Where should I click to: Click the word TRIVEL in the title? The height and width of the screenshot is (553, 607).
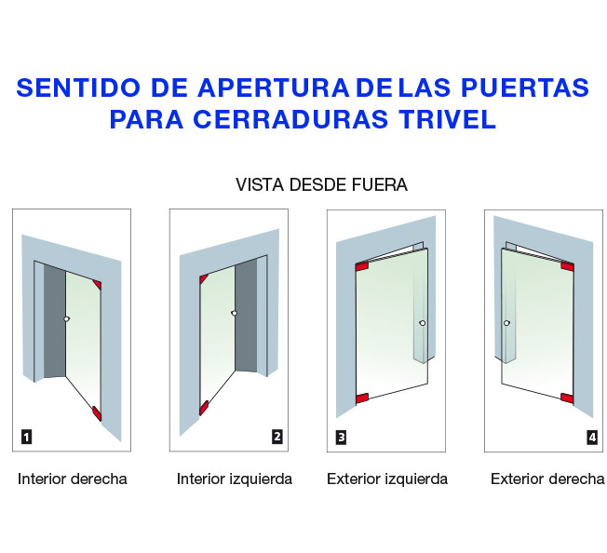[447, 119]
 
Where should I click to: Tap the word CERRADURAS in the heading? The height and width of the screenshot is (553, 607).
[290, 119]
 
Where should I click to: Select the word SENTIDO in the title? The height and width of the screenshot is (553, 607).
[78, 88]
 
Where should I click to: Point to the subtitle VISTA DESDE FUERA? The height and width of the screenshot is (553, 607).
[322, 184]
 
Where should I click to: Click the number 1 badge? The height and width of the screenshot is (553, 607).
[26, 438]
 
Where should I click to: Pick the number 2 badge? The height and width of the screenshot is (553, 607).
[277, 437]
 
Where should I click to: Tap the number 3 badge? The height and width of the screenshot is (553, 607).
[341, 438]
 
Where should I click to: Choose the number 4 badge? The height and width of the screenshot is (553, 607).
[592, 438]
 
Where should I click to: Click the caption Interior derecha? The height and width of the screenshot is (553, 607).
[73, 479]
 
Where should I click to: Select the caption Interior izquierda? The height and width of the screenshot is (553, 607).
[235, 479]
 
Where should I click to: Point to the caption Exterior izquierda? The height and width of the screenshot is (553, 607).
[387, 479]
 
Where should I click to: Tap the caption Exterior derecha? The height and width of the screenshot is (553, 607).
[547, 479]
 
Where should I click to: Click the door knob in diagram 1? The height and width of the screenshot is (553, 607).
[67, 319]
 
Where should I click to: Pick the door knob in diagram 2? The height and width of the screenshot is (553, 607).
[235, 313]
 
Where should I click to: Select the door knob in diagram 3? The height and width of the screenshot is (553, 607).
[423, 323]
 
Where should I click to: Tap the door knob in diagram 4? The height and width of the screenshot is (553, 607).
[506, 323]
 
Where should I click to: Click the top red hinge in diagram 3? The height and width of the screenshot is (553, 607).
[361, 266]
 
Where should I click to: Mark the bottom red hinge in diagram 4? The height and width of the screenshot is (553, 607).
[567, 398]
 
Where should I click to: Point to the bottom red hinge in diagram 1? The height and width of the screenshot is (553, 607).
[97, 413]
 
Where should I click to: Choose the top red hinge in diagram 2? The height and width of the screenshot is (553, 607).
[203, 278]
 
